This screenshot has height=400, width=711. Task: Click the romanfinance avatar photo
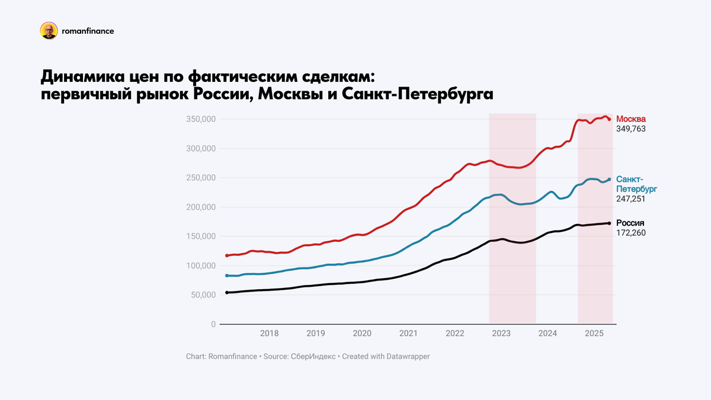coord(49,31)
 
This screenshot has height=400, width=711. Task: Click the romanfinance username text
coord(88,31)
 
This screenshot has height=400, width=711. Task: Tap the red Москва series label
coord(631,119)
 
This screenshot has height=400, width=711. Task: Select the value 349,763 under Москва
coord(631,129)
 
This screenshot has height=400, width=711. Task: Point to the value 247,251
coord(631,199)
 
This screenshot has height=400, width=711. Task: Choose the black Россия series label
coord(630,223)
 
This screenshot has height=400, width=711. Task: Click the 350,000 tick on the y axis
coord(200,120)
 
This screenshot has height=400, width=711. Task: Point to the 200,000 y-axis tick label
coord(200,207)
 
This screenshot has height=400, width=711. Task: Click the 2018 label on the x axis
coord(270,334)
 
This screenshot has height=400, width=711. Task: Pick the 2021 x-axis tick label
coord(408,334)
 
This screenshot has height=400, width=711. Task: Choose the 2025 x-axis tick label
coord(594,334)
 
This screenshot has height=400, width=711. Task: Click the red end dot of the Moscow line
coord(609,119)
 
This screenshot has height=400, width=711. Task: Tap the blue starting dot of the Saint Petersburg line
coord(227,276)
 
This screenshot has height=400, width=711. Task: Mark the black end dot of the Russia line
coord(609,223)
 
